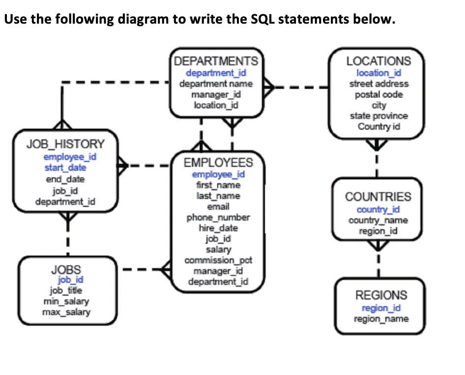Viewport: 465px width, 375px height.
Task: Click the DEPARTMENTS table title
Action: click(x=216, y=62)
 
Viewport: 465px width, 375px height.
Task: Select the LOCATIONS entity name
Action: click(x=378, y=62)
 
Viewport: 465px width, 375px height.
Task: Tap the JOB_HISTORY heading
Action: click(x=65, y=144)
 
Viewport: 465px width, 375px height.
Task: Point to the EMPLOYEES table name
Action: click(x=218, y=163)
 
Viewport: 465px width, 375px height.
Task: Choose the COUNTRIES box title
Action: click(x=378, y=197)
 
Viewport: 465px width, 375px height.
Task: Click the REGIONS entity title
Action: click(x=381, y=295)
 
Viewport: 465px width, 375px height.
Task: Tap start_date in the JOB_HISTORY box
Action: click(x=65, y=168)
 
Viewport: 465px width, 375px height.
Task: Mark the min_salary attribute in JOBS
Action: click(x=66, y=301)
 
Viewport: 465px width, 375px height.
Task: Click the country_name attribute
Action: click(x=378, y=220)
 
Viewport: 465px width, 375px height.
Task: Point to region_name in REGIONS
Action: click(x=381, y=319)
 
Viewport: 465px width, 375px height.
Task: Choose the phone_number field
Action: click(x=218, y=217)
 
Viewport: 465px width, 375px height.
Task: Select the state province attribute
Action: click(x=378, y=116)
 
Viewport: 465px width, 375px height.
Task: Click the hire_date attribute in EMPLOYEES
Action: click(x=218, y=228)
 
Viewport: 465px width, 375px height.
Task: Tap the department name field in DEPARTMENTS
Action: click(x=216, y=84)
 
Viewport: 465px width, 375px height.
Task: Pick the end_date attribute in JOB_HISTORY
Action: click(x=65, y=179)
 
